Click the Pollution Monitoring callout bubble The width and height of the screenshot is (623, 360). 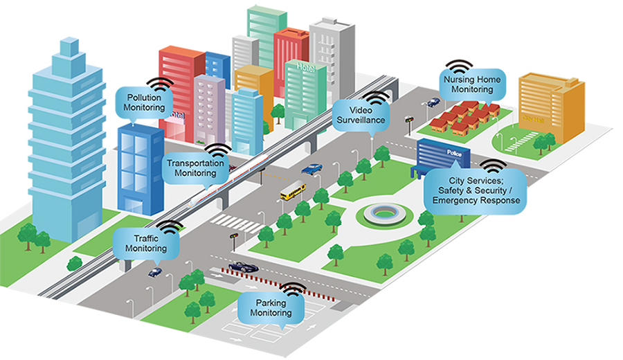pyautogui.click(x=145, y=102)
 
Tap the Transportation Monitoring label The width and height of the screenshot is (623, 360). pyautogui.click(x=197, y=168)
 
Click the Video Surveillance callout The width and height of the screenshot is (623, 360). pyautogui.click(x=360, y=115)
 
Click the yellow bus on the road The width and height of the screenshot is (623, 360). pyautogui.click(x=293, y=190)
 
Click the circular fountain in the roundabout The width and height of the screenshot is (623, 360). pyautogui.click(x=384, y=213)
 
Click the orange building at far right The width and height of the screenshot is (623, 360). pyautogui.click(x=551, y=107)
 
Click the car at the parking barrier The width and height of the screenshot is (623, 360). pyautogui.click(x=243, y=267)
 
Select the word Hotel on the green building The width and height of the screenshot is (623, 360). pyautogui.click(x=305, y=66)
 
